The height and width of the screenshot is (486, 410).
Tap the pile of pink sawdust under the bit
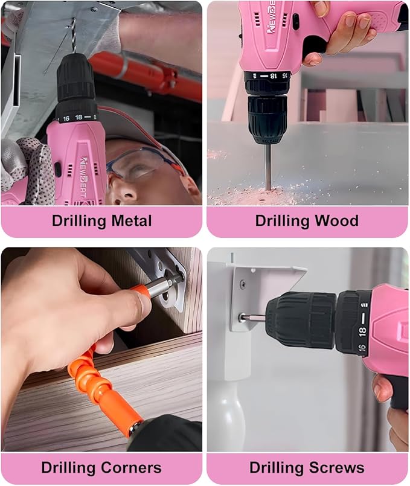(266, 194)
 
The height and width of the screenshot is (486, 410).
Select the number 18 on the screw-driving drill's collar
(362, 330)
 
